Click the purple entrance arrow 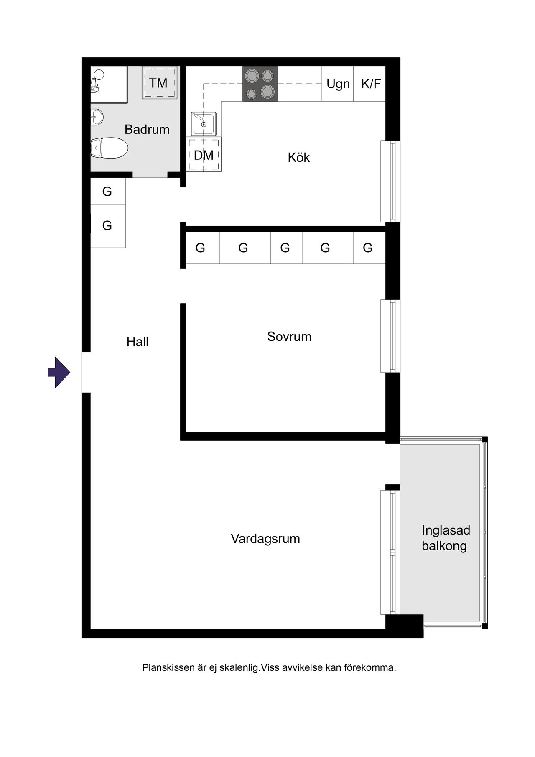(59, 372)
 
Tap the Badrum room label (147, 129)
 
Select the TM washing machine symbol (158, 83)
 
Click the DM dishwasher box (204, 155)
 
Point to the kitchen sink (204, 123)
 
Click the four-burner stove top (260, 84)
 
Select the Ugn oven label (338, 84)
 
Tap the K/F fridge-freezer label (371, 84)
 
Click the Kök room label (299, 157)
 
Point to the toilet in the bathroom (109, 148)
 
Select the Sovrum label (289, 336)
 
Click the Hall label (138, 342)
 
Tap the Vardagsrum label (265, 538)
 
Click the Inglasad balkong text (446, 538)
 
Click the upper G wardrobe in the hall (108, 191)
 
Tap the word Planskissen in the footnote (169, 667)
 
